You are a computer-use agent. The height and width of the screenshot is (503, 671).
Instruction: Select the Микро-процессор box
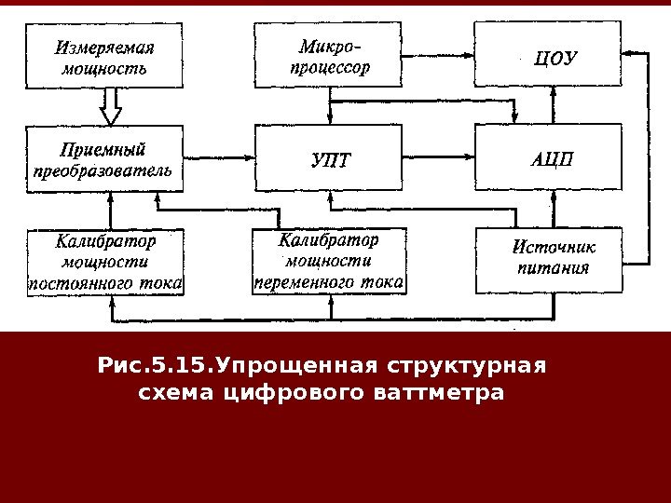[x=333, y=57]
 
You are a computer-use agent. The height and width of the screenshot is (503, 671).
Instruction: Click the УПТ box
[x=333, y=158]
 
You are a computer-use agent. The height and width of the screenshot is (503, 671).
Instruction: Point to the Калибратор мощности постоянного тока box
[x=106, y=262]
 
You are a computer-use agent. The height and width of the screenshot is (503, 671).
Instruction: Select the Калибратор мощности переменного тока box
[x=329, y=262]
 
